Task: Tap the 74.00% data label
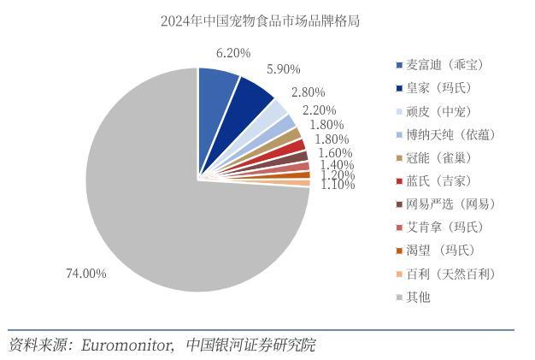point(86,274)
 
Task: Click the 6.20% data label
point(233,53)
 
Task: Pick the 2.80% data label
point(308,92)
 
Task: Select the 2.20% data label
point(319,110)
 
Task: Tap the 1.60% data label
point(335,153)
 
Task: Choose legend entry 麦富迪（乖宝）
point(444,65)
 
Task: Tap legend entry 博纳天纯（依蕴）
point(450,134)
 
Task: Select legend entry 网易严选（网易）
point(450,204)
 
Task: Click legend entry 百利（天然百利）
point(450,274)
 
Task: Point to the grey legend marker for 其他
point(399,298)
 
